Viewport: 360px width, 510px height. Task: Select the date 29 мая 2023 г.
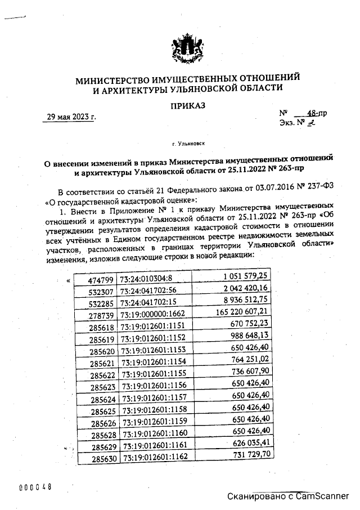tap(71, 117)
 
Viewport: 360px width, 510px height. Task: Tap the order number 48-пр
tap(315, 113)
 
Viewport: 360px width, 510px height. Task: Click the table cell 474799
tap(101, 280)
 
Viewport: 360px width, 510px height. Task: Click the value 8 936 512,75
tap(246, 300)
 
